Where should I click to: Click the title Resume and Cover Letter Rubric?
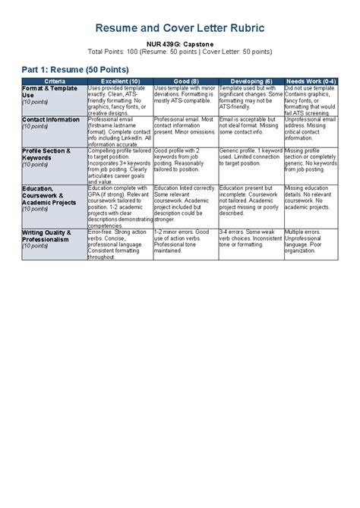(179, 28)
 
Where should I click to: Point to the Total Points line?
(179, 52)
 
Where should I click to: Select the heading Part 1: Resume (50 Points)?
(70, 69)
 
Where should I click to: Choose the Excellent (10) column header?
(119, 81)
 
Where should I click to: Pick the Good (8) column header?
(185, 81)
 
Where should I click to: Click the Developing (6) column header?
(251, 81)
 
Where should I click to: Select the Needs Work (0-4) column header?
(311, 81)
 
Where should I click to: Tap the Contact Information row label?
(51, 120)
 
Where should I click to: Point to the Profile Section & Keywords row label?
(46, 155)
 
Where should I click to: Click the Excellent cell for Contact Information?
(119, 131)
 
